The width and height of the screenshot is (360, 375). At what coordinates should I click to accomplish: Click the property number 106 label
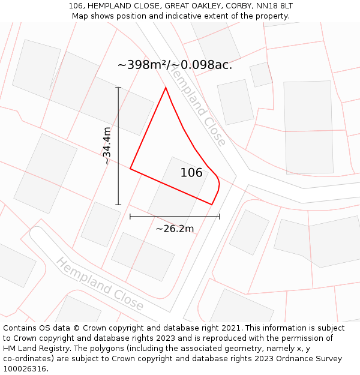click(x=191, y=173)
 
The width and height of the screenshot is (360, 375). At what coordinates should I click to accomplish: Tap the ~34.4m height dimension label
click(x=107, y=146)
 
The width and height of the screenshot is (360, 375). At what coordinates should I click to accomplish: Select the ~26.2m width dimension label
click(x=175, y=229)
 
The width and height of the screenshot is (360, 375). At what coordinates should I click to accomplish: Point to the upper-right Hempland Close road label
click(x=197, y=106)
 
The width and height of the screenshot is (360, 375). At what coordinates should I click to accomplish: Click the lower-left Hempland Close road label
click(x=100, y=284)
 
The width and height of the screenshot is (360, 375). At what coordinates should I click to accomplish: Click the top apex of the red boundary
click(x=166, y=88)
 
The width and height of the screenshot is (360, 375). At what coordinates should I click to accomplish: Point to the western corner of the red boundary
click(x=130, y=169)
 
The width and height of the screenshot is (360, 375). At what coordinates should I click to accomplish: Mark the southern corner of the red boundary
click(x=212, y=204)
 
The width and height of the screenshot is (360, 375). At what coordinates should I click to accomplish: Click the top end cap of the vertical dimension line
click(x=118, y=88)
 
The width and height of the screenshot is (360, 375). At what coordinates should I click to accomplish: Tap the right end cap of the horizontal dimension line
click(x=219, y=216)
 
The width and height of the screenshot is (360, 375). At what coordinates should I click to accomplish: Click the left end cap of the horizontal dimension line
click(x=130, y=216)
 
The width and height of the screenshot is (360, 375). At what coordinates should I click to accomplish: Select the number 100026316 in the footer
click(x=23, y=369)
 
